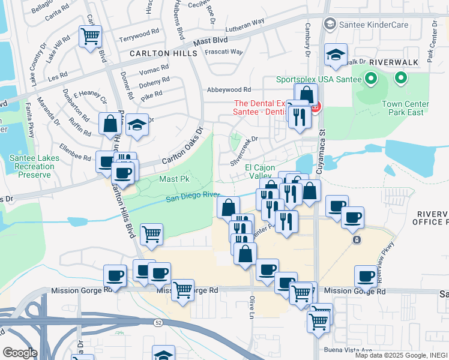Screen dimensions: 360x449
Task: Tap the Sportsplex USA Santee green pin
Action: (371, 79)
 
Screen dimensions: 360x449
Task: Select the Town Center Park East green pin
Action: (400, 78)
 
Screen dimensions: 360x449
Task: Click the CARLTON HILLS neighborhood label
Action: (163, 53)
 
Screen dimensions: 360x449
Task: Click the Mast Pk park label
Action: (174, 179)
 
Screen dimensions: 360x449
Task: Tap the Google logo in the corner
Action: (20, 353)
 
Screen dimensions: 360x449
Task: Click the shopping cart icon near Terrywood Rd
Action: (90, 37)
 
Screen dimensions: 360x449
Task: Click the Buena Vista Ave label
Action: (348, 350)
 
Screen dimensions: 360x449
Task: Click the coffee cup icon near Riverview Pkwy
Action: (366, 277)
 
